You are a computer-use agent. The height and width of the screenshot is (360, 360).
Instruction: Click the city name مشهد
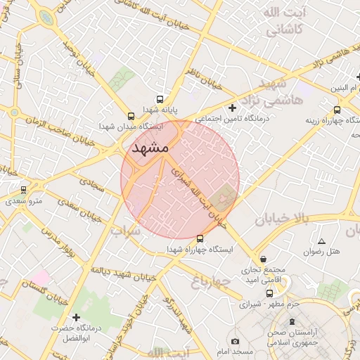pos(148,148)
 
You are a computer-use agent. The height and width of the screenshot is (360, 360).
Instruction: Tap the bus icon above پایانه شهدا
pos(160,100)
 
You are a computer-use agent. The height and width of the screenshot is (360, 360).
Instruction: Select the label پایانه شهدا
pos(161,110)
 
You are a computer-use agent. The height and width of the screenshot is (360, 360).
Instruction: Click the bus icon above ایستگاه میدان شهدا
pos(131,116)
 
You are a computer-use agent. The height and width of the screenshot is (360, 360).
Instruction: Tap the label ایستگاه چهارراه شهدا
pos(195,249)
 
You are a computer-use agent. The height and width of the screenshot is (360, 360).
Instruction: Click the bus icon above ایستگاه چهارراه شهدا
pos(200,238)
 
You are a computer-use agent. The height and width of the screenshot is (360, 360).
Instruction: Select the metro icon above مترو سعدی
pos(23,189)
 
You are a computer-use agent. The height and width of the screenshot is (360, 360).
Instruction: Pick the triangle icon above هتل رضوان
pos(321,240)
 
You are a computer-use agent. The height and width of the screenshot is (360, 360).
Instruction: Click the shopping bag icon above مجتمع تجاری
pos(263,258)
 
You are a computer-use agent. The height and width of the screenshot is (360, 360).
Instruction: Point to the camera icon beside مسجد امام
pos(235,342)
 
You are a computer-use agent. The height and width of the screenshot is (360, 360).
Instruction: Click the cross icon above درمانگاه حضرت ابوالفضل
pos(77,318)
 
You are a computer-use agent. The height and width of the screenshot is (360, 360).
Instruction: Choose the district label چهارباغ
pos(211,281)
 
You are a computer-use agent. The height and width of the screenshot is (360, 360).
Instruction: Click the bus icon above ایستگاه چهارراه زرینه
pos(337,109)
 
